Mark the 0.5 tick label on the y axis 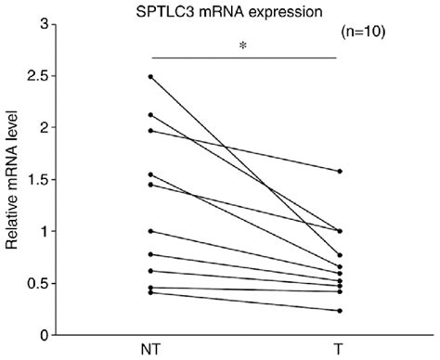[x=37, y=283]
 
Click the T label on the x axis [x=340, y=349]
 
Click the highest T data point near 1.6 [x=340, y=172]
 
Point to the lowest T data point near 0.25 [x=340, y=311]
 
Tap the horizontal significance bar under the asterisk [x=243, y=58]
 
